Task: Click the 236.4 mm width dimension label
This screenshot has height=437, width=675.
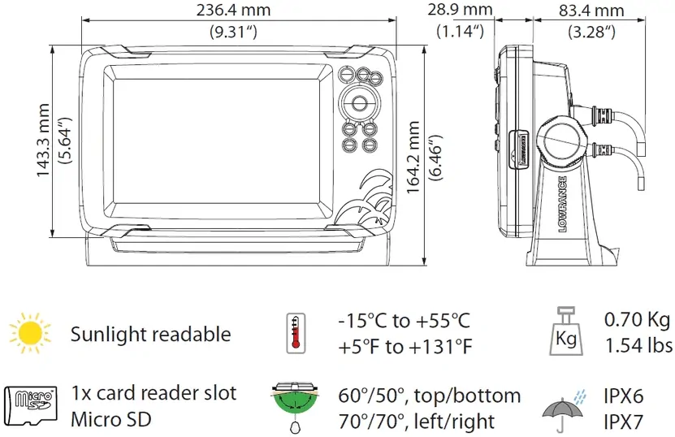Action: (233, 10)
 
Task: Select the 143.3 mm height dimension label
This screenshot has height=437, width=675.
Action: (42, 141)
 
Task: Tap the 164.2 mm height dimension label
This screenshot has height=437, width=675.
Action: (413, 157)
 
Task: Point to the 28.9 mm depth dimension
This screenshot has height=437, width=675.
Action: (460, 9)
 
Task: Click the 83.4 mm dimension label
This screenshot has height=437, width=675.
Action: (591, 11)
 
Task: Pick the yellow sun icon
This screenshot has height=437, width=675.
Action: (30, 333)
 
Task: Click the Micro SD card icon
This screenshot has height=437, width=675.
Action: (31, 406)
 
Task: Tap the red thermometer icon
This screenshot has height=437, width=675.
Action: (296, 333)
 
